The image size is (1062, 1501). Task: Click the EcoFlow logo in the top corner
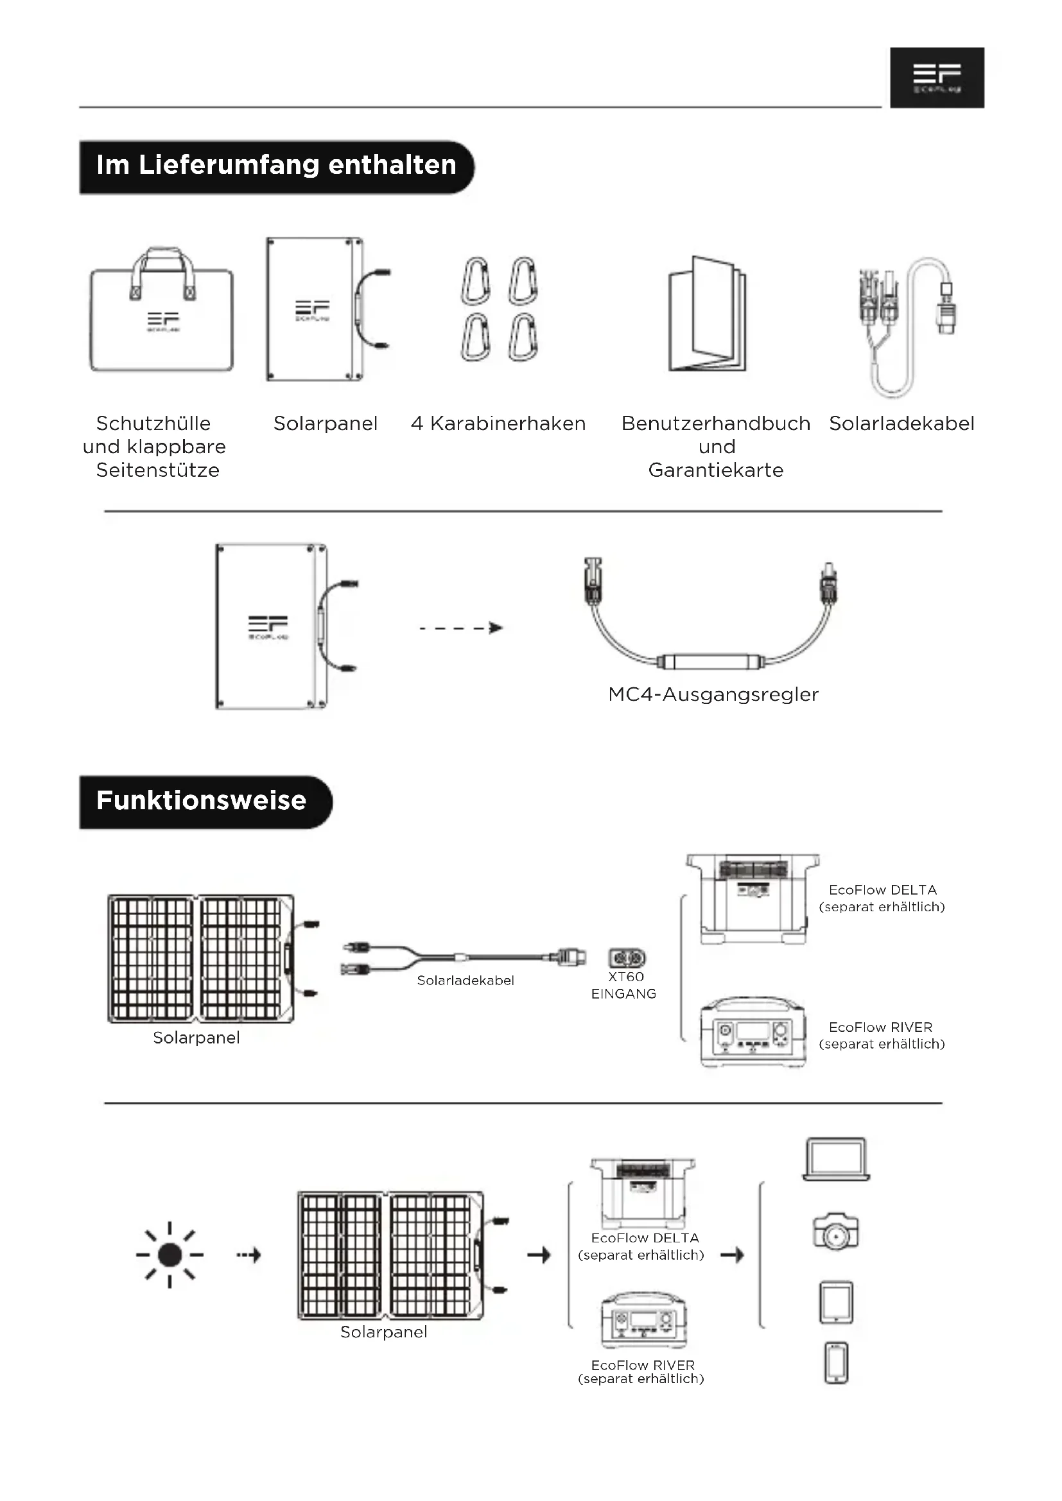936,77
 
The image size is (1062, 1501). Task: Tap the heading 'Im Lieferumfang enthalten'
276,166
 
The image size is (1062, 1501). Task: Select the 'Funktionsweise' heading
202,802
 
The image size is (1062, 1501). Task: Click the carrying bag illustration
162,314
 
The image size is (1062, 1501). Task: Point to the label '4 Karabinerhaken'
498,424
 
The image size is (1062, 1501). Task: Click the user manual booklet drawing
707,314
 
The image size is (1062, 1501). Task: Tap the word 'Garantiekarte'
715,470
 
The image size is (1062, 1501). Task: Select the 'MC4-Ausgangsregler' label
713,694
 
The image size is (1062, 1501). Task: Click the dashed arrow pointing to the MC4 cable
460,628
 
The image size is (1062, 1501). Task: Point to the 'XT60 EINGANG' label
624,985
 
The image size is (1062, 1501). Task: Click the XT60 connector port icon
627,958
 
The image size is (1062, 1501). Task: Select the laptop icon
836,1158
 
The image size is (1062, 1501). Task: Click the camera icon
836,1231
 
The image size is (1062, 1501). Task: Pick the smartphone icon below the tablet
837,1363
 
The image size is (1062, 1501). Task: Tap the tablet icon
837,1301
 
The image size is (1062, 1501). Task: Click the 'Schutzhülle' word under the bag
153,424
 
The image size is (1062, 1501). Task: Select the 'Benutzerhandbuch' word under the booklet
715,424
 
